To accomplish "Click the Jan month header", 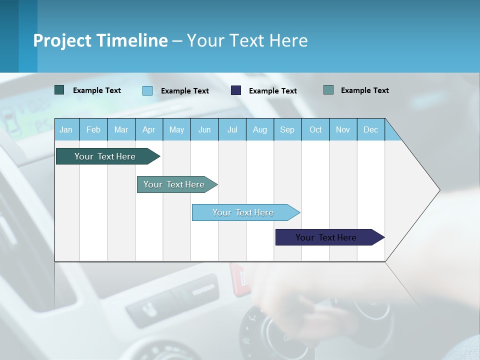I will pyautogui.click(x=66, y=129).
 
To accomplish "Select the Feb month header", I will pyautogui.click(x=93, y=129).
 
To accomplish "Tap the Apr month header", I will pyautogui.click(x=148, y=129).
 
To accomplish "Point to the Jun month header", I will pyautogui.click(x=204, y=129).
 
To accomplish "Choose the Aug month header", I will pyautogui.click(x=259, y=129).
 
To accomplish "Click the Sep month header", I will pyautogui.click(x=287, y=129).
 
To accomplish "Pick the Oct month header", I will pyautogui.click(x=315, y=129).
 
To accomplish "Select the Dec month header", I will pyautogui.click(x=370, y=129).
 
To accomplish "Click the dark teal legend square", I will pyautogui.click(x=59, y=90).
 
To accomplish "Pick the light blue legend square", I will pyautogui.click(x=147, y=90).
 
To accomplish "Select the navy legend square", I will pyautogui.click(x=236, y=90).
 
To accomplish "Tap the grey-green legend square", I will pyautogui.click(x=328, y=90).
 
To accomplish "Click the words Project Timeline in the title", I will pyautogui.click(x=100, y=40).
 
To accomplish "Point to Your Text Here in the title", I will pyautogui.click(x=247, y=40).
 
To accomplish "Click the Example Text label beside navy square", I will pyautogui.click(x=273, y=91).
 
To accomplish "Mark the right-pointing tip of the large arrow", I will pyautogui.click(x=439, y=190).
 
